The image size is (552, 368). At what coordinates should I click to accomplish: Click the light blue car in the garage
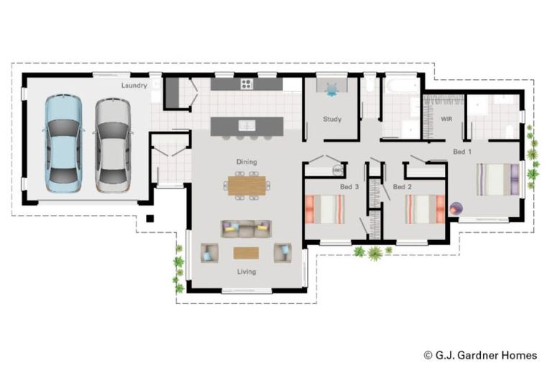click(x=63, y=144)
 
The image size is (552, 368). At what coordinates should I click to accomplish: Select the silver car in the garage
click(x=113, y=145)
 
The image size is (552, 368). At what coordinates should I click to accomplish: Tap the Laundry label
click(x=134, y=86)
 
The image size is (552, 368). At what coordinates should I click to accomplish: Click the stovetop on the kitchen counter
click(x=247, y=84)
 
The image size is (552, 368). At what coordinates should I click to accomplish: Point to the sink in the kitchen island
click(x=247, y=125)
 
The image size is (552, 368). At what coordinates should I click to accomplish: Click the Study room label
click(x=332, y=119)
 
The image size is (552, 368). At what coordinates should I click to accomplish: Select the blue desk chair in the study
click(x=331, y=90)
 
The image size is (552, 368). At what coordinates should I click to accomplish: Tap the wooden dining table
click(x=247, y=185)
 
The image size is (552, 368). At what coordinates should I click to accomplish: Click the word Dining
click(x=247, y=162)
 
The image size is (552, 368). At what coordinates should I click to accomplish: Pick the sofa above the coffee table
click(x=247, y=229)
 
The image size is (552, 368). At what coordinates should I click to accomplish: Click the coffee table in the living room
click(x=246, y=253)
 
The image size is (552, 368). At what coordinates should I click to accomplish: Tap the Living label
click(x=247, y=272)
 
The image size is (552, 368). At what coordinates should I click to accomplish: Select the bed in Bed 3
click(x=325, y=209)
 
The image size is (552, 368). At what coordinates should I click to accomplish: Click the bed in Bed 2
click(x=425, y=209)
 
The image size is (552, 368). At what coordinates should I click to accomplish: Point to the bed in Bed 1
click(x=498, y=179)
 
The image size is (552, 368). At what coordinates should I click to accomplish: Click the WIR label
click(x=446, y=119)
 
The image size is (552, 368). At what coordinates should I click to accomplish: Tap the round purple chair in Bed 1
click(x=456, y=209)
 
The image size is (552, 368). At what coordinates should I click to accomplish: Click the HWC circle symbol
click(x=338, y=170)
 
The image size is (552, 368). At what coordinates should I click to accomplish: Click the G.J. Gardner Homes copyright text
click(x=481, y=355)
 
